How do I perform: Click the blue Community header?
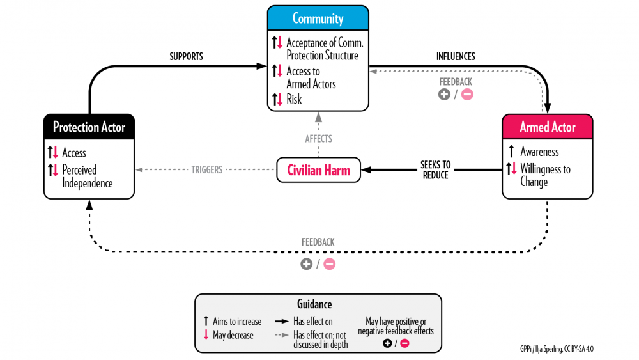click(x=318, y=18)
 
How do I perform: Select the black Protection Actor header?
click(x=89, y=127)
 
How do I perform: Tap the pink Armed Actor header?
click(x=547, y=127)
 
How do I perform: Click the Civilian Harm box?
click(x=318, y=170)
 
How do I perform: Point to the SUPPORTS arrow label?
click(x=186, y=56)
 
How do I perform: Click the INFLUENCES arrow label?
click(x=456, y=56)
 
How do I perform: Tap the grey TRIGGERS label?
click(x=206, y=170)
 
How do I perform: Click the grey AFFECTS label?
click(x=318, y=138)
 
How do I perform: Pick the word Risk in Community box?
click(x=294, y=99)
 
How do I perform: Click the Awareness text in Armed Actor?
click(x=539, y=152)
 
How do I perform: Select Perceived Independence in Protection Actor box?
click(x=87, y=176)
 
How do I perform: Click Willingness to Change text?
click(x=545, y=176)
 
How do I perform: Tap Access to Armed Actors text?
click(x=311, y=77)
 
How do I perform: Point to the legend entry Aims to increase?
click(x=233, y=322)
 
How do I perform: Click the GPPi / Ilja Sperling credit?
click(x=560, y=349)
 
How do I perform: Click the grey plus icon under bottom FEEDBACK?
click(x=307, y=264)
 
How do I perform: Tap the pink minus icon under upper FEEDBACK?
click(x=467, y=95)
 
